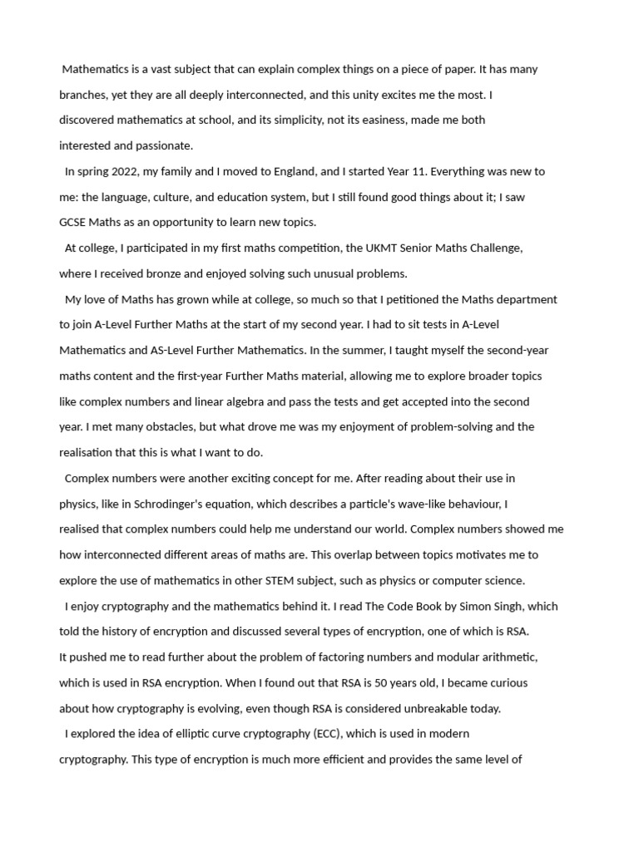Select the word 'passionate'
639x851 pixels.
(x=164, y=145)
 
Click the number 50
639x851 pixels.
(x=382, y=682)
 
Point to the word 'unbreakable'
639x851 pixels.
(x=424, y=708)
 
